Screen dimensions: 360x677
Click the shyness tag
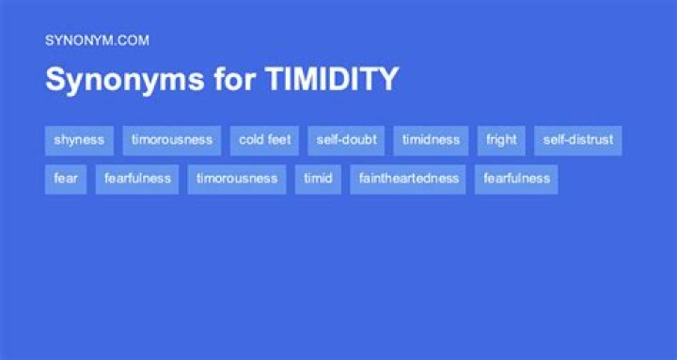click(x=79, y=140)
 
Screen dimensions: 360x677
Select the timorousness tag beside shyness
click(x=171, y=140)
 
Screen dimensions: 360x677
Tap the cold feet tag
click(x=264, y=140)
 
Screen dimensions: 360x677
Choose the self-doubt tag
click(x=346, y=140)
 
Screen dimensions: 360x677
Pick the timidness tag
click(x=431, y=140)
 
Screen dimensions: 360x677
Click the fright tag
click(x=501, y=140)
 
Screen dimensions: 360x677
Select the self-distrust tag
click(x=577, y=140)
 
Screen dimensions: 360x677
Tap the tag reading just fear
click(x=66, y=179)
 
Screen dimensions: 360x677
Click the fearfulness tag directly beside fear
click(x=137, y=179)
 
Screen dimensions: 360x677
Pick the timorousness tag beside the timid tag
click(x=237, y=179)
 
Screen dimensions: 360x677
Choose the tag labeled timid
click(x=318, y=179)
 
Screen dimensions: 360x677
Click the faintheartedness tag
click(x=408, y=179)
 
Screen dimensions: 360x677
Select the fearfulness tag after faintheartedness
click(x=516, y=179)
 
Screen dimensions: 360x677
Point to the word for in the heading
click(x=225, y=80)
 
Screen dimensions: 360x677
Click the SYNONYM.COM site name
click(x=97, y=40)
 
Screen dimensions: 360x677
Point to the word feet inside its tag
click(x=279, y=140)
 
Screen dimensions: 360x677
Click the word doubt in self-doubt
click(x=360, y=140)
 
